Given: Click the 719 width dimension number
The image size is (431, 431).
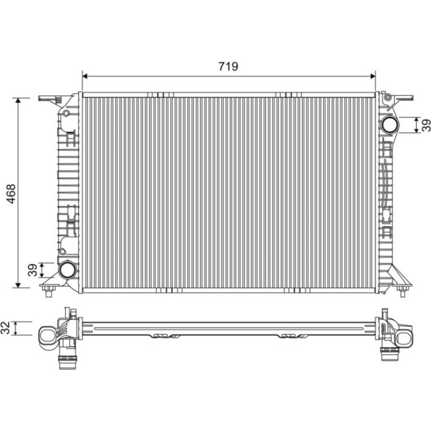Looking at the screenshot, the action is tap(228, 66).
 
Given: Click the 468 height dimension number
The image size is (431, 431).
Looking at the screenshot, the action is tap(11, 194).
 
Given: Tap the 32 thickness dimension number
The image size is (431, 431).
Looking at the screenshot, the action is tap(5, 328).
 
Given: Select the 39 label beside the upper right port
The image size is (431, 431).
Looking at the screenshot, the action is tap(426, 126).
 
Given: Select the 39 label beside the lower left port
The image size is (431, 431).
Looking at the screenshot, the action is tap(33, 270).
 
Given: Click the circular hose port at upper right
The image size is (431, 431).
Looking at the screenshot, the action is tap(389, 124).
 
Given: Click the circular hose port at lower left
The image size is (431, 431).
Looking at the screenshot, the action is tap(66, 270).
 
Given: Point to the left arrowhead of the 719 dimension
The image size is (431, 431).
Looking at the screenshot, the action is tap(85, 76).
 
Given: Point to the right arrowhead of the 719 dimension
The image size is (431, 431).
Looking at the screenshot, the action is tap(373, 76).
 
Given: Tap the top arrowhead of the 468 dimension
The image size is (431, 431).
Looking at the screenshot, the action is tap(18, 100).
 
